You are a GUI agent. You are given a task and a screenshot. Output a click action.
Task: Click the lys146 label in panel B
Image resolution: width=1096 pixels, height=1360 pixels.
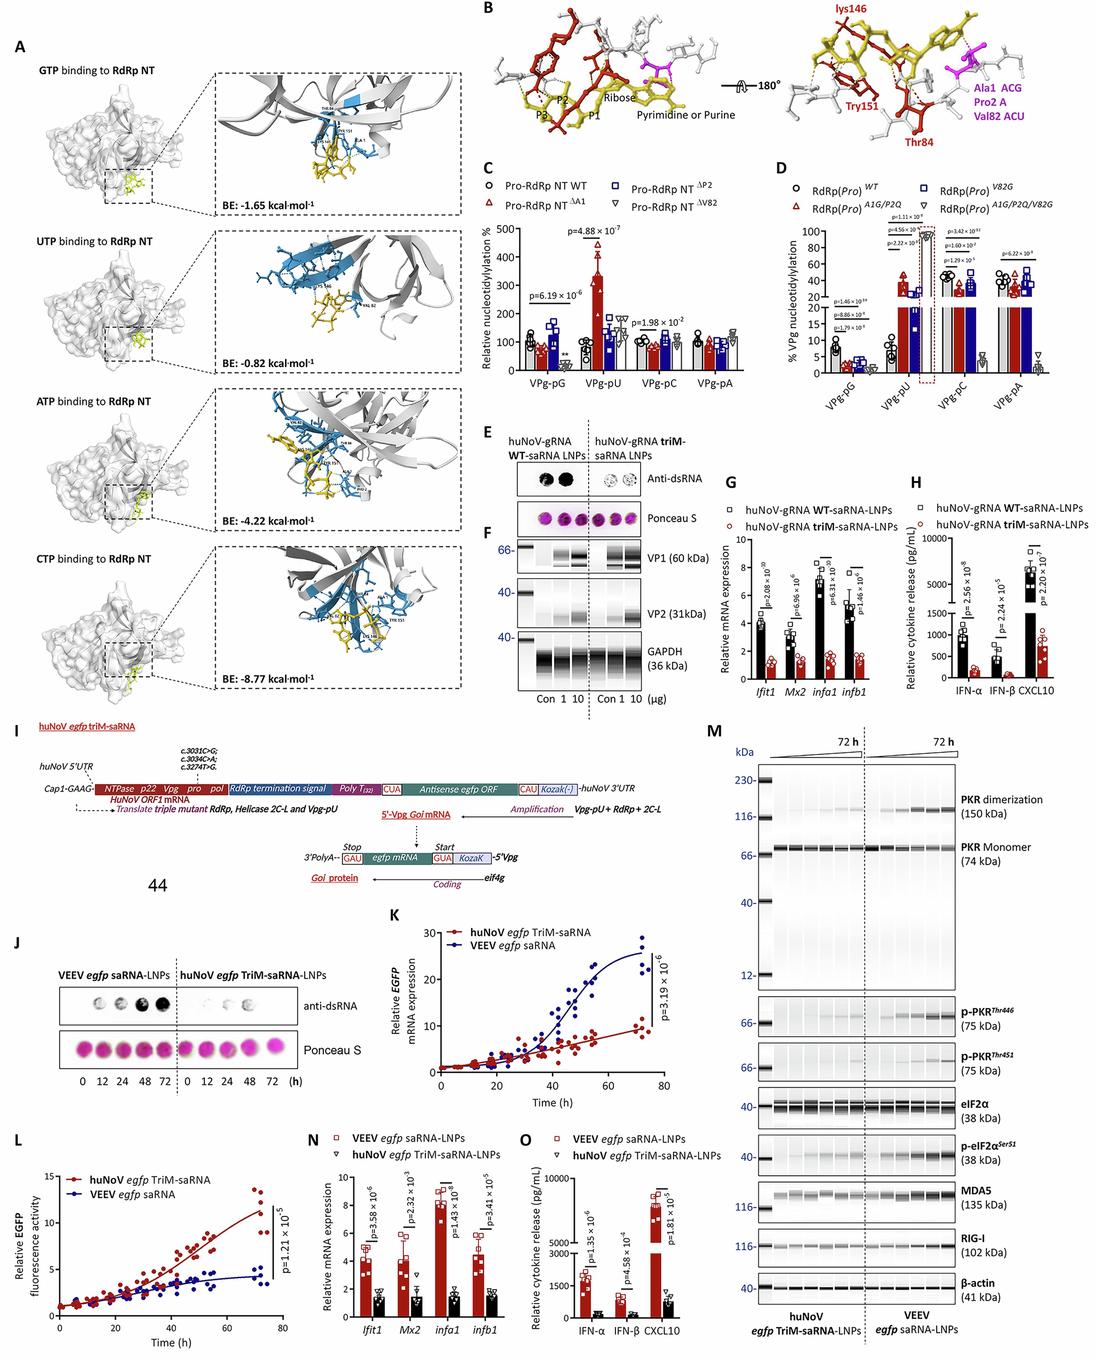click(x=850, y=9)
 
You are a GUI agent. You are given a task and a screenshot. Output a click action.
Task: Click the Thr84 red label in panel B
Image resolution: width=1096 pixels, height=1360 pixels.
click(x=918, y=142)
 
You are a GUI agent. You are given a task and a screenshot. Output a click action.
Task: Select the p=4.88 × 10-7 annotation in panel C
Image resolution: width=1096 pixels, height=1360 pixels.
click(x=593, y=231)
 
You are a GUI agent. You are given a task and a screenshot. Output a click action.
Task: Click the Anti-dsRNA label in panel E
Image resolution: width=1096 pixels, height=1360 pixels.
click(x=674, y=478)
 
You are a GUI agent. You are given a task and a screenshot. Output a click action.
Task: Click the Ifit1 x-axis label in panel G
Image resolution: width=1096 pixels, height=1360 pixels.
click(x=765, y=692)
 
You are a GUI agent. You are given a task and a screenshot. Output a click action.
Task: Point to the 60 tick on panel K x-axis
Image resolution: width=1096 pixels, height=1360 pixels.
click(x=608, y=1086)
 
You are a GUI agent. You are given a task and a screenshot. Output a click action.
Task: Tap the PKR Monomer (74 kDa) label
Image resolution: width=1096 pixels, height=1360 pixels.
click(x=996, y=854)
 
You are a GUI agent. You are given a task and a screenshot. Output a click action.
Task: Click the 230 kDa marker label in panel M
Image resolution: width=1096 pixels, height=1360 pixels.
click(x=744, y=780)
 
